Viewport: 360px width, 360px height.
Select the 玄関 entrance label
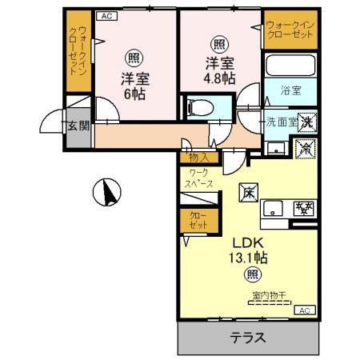pos(78,126)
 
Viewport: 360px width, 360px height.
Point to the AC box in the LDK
pos(303,310)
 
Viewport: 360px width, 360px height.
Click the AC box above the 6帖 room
pos(106,15)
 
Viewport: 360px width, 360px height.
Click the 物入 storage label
pos(200,158)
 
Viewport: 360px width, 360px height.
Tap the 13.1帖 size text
pos(250,258)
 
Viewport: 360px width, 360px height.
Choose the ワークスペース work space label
pos(200,178)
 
